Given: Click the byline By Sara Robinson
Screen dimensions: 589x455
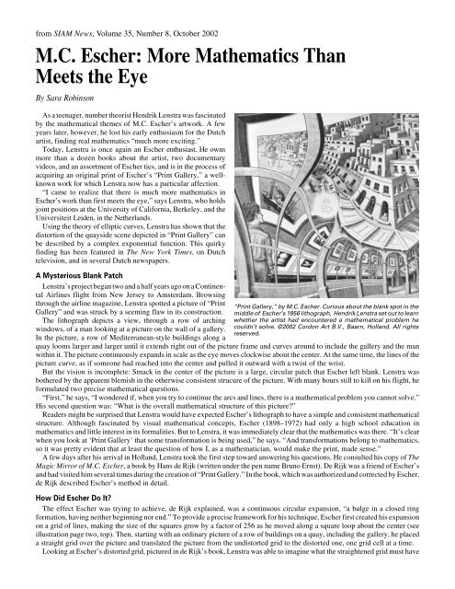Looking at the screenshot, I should pos(53,94).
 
